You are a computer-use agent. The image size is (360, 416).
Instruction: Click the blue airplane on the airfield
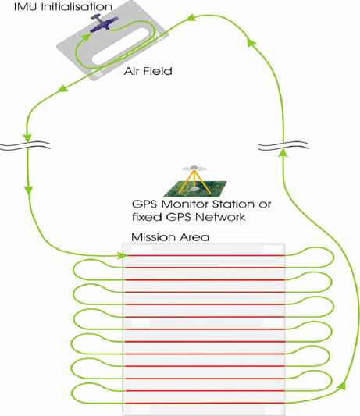point(104,23)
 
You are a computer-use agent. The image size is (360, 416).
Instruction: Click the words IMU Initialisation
point(63,6)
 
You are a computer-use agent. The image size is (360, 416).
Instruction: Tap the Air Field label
point(148,71)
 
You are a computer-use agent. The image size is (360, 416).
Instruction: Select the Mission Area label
point(170,237)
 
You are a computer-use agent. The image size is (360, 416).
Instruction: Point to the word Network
point(220,217)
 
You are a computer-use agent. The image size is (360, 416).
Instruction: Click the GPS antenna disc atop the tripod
point(194,169)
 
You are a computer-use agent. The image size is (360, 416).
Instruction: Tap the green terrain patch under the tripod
point(195,189)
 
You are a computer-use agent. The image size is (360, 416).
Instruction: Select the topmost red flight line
point(205,255)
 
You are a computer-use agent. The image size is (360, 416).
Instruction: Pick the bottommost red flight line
point(205,404)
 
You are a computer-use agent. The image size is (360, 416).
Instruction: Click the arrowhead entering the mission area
point(122,255)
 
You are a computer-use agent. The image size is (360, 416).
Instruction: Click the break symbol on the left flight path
point(25,145)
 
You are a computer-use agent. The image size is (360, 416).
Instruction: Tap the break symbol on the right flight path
point(283,145)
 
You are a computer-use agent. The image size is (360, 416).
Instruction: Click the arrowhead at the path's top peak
point(191,18)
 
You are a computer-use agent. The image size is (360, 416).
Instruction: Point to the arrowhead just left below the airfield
point(62,89)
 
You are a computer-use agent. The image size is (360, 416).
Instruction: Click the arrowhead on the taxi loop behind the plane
point(85,37)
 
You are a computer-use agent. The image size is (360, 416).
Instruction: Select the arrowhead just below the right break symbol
point(283,152)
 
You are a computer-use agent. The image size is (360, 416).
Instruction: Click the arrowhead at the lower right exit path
point(342,386)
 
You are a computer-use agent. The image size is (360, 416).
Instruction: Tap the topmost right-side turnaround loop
point(333,258)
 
